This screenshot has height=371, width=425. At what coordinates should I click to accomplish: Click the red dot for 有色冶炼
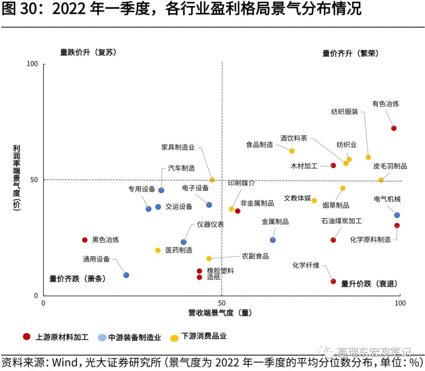pyautogui.click(x=394, y=128)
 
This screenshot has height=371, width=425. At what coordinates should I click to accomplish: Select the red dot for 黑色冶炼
pyautogui.click(x=85, y=240)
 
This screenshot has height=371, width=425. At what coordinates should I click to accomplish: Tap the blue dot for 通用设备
pyautogui.click(x=126, y=275)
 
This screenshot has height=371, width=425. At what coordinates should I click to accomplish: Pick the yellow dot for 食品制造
pyautogui.click(x=292, y=151)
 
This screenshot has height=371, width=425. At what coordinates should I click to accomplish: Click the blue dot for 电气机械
pyautogui.click(x=397, y=215)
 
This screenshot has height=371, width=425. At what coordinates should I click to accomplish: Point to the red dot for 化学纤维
pyautogui.click(x=333, y=281)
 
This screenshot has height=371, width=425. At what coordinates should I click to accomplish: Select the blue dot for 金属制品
pyautogui.click(x=273, y=240)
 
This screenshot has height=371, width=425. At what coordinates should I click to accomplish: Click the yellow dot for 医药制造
pyautogui.click(x=158, y=250)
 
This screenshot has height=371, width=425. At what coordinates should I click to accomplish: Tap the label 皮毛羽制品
pyautogui.click(x=390, y=166)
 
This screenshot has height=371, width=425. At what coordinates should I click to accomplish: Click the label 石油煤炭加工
pyautogui.click(x=342, y=221)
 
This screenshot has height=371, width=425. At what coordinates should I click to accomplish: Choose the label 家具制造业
pyautogui.click(x=178, y=147)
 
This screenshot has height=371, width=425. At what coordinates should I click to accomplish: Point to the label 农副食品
pyautogui.click(x=255, y=256)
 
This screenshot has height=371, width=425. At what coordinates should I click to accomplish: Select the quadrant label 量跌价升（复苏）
pyautogui.click(x=88, y=52)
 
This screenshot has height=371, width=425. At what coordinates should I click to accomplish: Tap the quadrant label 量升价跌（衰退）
pyautogui.click(x=369, y=284)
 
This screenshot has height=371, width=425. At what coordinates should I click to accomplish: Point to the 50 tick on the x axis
pyautogui.click(x=222, y=303)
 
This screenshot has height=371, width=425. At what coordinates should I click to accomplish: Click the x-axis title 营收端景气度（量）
pyautogui.click(x=220, y=313)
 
